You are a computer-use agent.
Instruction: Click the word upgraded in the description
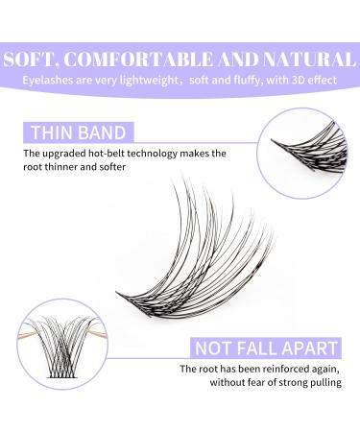(75, 154)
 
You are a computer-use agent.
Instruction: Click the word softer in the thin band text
(140, 169)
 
